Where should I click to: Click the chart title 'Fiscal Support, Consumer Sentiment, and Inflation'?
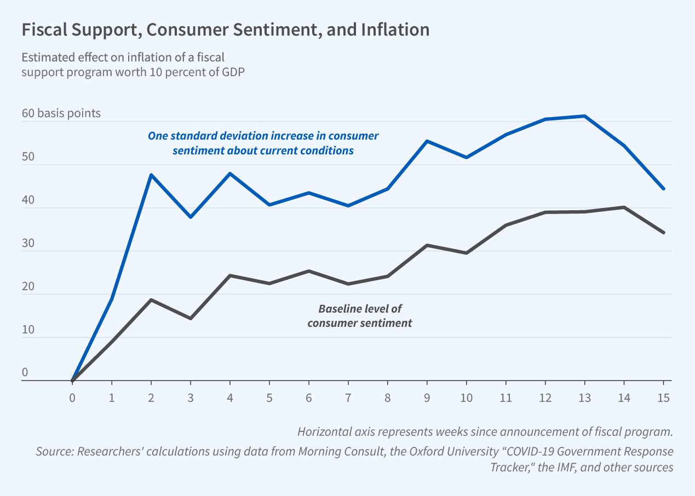click(225, 30)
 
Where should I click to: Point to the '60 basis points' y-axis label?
click(61, 113)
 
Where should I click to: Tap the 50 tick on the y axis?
click(27, 157)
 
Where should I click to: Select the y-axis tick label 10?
click(27, 330)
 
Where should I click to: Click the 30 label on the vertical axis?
click(27, 244)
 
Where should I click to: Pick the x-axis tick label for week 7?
click(348, 398)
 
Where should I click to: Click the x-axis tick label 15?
click(663, 398)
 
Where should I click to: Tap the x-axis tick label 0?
click(72, 398)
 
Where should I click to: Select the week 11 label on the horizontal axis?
click(506, 398)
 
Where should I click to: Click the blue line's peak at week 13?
click(585, 116)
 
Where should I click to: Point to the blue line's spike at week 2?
click(151, 175)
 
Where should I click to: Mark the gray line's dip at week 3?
click(191, 318)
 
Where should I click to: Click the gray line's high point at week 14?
click(624, 207)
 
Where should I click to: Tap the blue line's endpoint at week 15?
click(663, 188)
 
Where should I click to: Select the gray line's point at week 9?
click(427, 245)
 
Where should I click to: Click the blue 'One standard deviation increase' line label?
click(263, 143)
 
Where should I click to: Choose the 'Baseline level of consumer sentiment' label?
click(359, 316)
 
